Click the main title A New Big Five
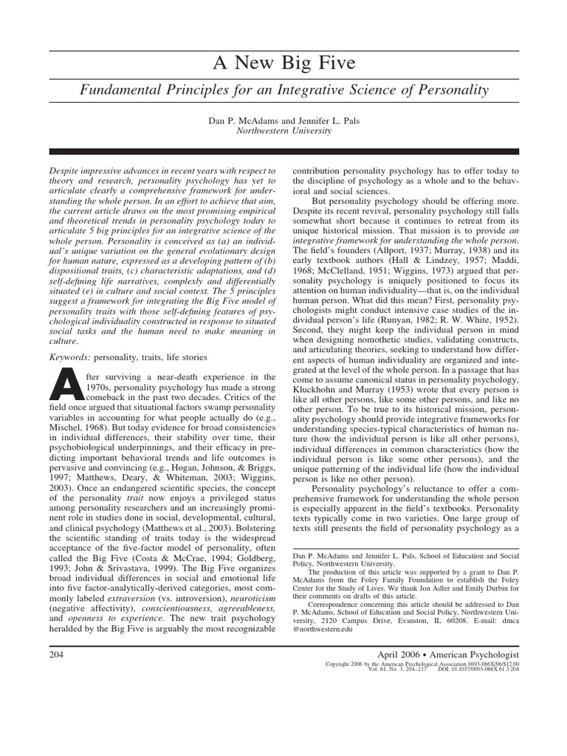tap(283, 64)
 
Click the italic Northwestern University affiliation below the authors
tap(283, 131)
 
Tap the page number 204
tap(56, 655)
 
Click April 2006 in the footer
tap(403, 655)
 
